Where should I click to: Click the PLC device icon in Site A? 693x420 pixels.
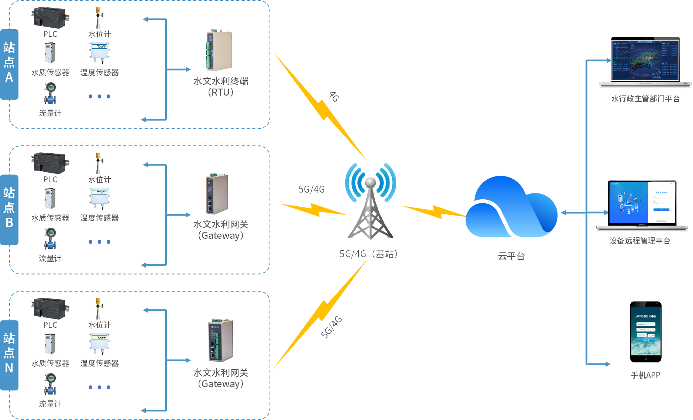(x=50, y=18)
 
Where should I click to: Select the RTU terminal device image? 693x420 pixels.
(x=219, y=51)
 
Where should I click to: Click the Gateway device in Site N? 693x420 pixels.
(x=221, y=340)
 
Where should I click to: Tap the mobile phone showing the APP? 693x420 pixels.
(x=645, y=332)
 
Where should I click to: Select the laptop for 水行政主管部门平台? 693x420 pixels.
(x=645, y=62)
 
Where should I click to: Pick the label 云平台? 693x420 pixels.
(x=511, y=256)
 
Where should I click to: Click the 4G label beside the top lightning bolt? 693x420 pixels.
(x=334, y=97)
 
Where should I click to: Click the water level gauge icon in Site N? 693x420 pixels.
(x=98, y=309)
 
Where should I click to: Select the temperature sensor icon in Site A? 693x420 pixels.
(x=99, y=52)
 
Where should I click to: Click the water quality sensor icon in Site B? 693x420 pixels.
(x=50, y=199)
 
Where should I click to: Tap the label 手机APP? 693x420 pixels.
(x=645, y=375)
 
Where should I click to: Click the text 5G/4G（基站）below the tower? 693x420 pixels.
(x=368, y=254)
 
